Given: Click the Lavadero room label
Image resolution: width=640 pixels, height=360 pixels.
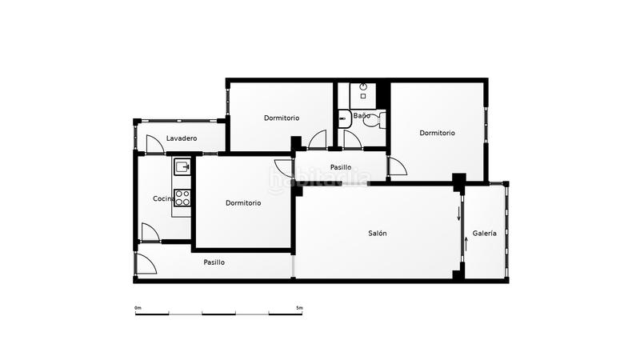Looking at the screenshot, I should tap(182, 138).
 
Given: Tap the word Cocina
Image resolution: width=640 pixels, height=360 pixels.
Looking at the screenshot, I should tap(164, 198).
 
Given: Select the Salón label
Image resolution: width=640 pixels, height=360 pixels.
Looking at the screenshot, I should tap(378, 234).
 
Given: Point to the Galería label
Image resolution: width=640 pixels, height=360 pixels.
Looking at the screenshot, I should tap(484, 234).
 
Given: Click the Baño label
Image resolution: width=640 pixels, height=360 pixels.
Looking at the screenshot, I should tap(362, 117).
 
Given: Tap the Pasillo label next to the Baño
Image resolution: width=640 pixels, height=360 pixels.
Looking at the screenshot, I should tap(341, 167).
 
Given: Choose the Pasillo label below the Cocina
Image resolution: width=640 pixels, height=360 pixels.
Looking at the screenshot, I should tap(214, 262).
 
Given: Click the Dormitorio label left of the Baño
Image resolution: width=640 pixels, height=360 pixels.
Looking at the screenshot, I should tap(282, 118).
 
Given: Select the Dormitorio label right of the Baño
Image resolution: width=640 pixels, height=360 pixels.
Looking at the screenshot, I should tap(437, 133).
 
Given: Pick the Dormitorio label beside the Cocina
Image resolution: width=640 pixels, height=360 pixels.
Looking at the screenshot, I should tap(243, 202).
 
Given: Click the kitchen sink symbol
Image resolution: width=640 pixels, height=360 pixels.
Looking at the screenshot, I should tap(182, 167).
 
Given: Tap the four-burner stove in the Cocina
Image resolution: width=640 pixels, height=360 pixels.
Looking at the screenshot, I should tap(182, 198).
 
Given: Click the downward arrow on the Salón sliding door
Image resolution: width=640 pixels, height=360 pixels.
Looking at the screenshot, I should tap(459, 214).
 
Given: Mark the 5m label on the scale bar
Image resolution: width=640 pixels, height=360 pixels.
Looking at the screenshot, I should tap(299, 308).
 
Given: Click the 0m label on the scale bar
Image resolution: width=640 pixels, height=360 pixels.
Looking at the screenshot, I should tap(138, 308).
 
